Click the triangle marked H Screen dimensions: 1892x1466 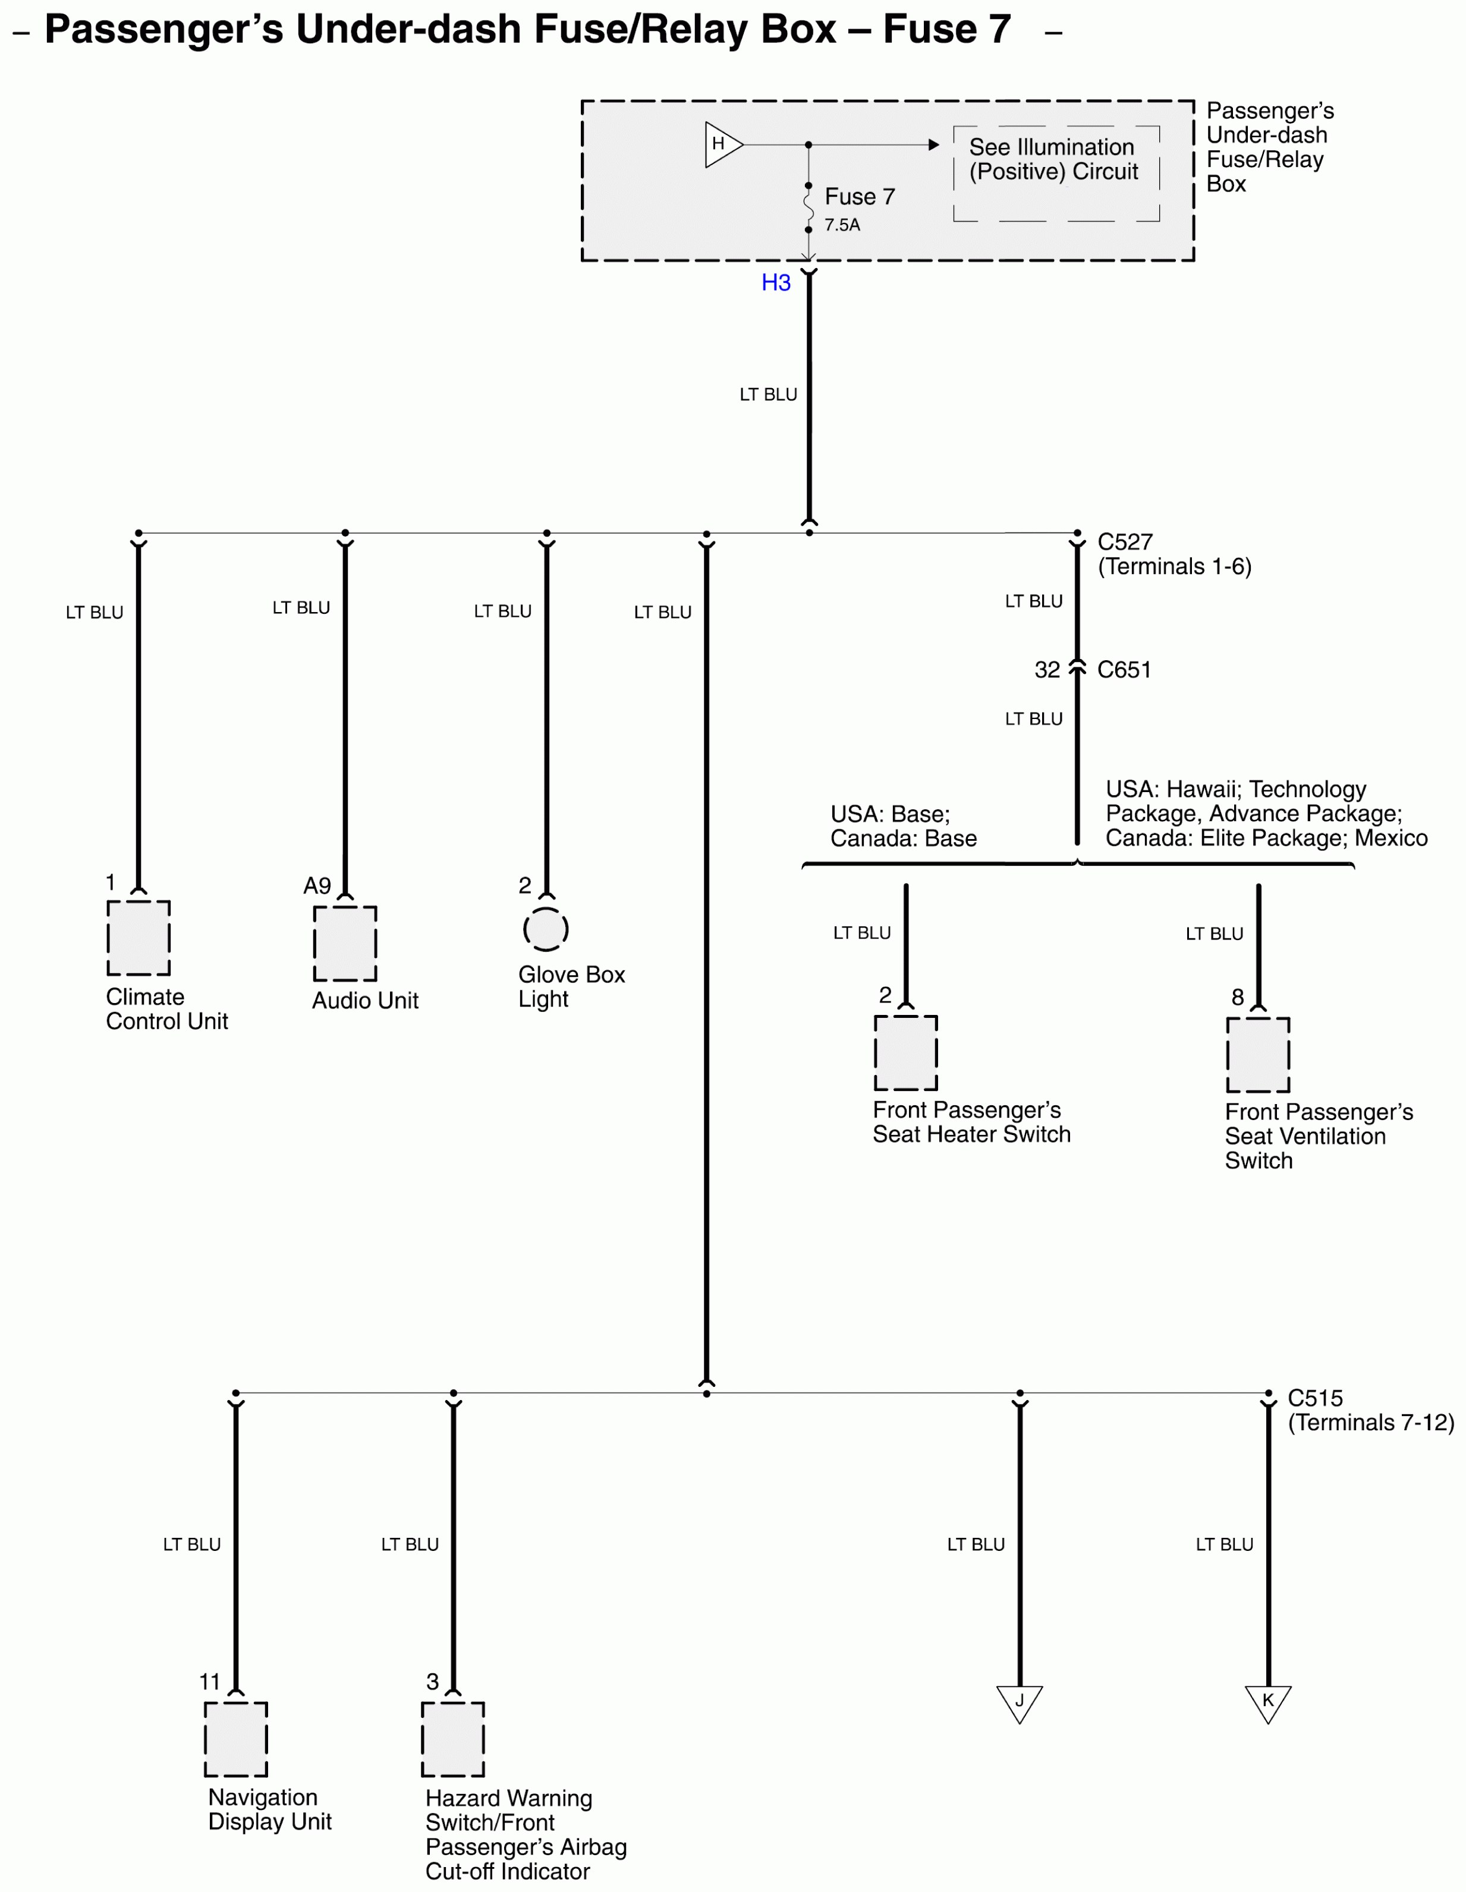coord(722,144)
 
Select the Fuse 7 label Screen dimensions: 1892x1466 coord(858,197)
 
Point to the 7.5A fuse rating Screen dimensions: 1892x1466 coord(841,225)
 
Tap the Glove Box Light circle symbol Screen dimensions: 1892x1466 coord(546,929)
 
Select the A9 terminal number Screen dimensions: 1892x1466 coord(317,885)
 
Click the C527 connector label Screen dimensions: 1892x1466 coord(1125,543)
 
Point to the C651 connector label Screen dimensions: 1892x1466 coord(1124,670)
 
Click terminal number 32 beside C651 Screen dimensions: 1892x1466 coord(1047,670)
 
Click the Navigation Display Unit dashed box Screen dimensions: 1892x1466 coord(235,1739)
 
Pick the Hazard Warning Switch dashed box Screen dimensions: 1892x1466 coord(452,1739)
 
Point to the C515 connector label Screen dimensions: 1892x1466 coord(1314,1398)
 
